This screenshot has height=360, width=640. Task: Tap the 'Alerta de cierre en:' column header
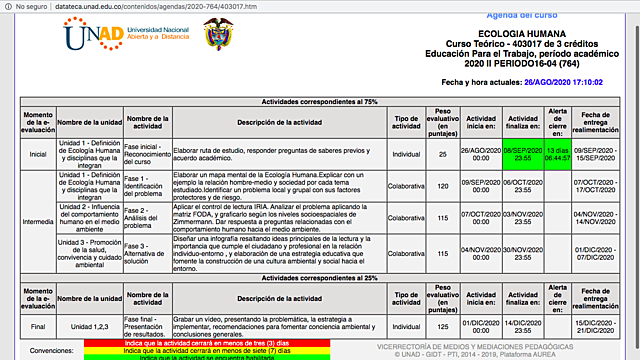click(x=557, y=122)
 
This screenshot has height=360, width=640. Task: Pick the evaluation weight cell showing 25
click(x=442, y=155)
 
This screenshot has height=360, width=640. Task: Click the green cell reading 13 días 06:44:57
click(x=557, y=155)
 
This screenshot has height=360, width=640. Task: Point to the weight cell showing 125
click(x=442, y=326)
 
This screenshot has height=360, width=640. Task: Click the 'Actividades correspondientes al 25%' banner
click(x=320, y=277)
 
